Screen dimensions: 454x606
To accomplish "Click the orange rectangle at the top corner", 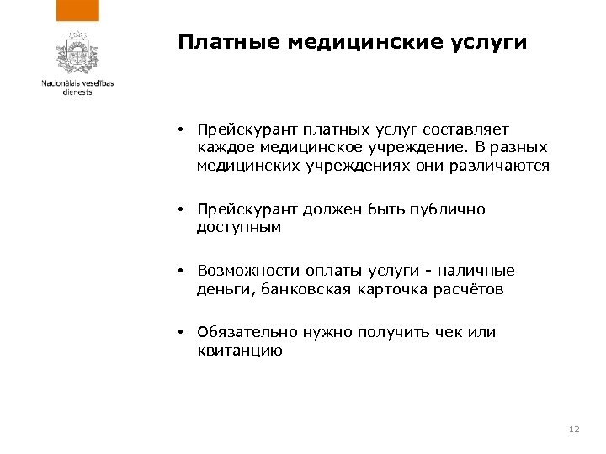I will pos(77,10).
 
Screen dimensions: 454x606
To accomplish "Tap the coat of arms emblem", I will pos(77,54).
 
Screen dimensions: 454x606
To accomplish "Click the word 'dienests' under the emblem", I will pos(77,92).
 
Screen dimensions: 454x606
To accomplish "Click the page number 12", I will pos(575,430).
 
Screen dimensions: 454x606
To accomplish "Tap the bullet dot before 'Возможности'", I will pos(181,272).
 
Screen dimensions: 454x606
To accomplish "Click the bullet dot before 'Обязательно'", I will pos(181,332).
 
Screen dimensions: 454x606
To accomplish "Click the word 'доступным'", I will pos(238,227).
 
